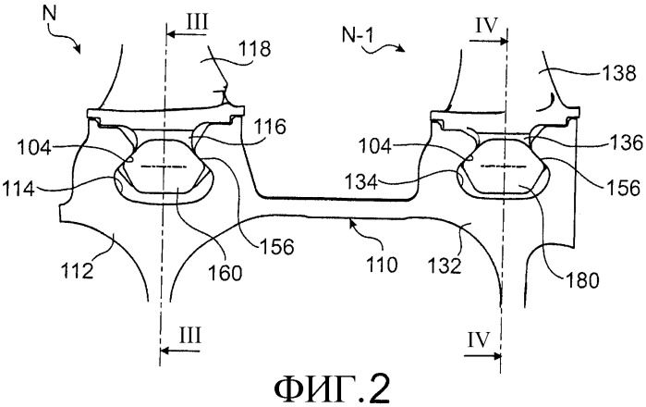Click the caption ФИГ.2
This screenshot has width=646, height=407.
(332, 388)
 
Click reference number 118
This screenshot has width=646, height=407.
(253, 49)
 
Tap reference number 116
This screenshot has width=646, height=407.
(269, 127)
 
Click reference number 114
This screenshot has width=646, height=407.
(18, 190)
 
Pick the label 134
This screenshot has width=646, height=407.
(361, 182)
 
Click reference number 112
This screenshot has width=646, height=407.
(77, 271)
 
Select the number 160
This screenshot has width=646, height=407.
(225, 273)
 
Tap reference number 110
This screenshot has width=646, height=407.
(381, 265)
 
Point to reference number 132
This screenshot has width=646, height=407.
(445, 266)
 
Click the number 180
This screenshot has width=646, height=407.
(581, 281)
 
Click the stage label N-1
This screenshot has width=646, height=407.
(358, 35)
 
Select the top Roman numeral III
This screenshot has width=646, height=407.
(198, 22)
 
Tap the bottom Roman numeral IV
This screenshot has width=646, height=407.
(479, 339)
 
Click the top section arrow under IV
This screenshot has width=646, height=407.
(488, 41)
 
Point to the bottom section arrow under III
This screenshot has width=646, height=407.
(180, 351)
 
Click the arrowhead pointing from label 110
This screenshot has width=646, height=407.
(351, 223)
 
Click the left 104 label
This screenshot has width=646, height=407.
(34, 148)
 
